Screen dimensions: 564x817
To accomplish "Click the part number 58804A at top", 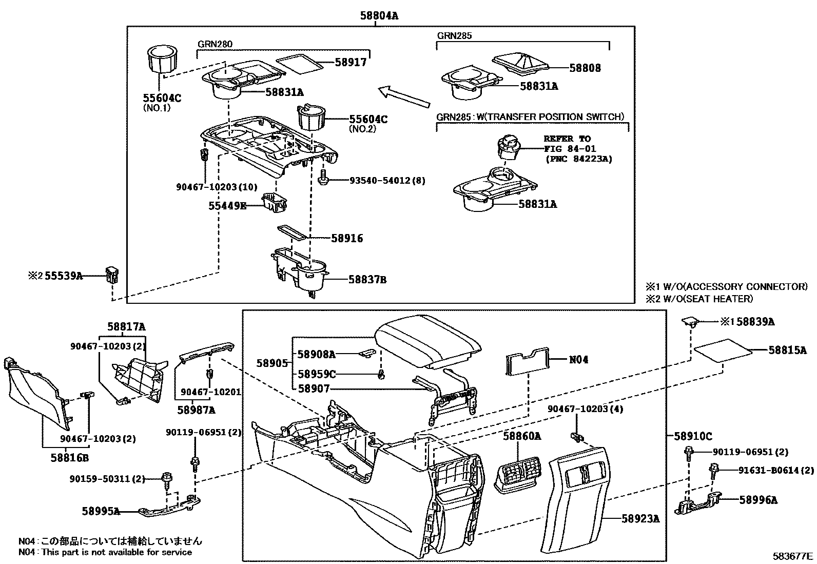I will pos(379,16).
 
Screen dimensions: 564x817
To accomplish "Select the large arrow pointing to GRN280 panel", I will pos(403,98).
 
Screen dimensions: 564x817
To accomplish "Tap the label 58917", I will pos(351,62).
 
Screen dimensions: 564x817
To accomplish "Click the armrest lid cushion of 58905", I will pos(427,341).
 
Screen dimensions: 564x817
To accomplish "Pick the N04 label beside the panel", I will pos(578,360).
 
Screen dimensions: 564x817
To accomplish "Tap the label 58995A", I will pos(101,511).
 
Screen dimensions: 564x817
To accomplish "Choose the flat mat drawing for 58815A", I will pos(723,351).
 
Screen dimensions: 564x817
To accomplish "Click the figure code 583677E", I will pos(793,556).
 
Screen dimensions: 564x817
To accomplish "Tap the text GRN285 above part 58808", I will pos(454,36).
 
